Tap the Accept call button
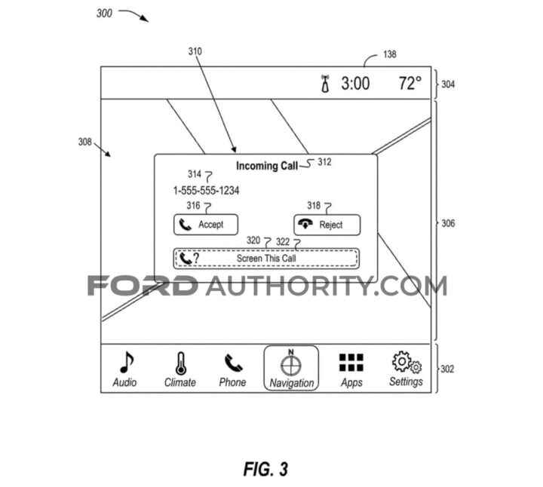point(205,225)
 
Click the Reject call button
point(327,225)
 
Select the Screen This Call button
point(266,259)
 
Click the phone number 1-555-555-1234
point(206,191)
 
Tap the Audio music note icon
point(124,363)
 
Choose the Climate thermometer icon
point(179,363)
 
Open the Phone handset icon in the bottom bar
point(232,363)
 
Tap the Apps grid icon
point(351,363)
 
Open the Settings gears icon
point(406,363)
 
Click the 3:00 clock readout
point(355,84)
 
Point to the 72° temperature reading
point(410,84)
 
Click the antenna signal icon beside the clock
point(325,84)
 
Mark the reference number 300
point(105,13)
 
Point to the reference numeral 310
point(195,51)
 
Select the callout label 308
point(85,141)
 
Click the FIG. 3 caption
point(265,468)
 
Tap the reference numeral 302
point(447,369)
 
